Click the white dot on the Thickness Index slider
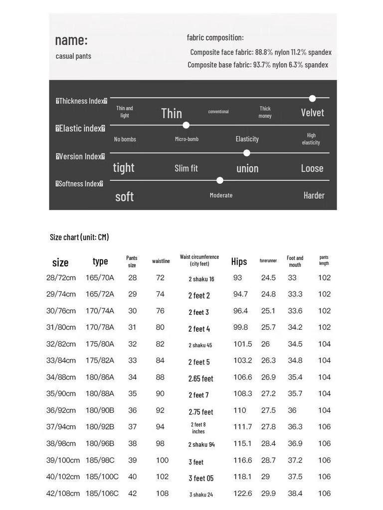312,98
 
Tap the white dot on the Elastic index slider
186,126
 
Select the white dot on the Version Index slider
246,153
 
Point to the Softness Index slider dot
220,180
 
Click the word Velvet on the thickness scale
312,113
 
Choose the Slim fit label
186,168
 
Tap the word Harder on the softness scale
314,195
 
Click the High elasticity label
311,139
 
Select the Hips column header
239,261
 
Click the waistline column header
161,261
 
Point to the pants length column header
324,260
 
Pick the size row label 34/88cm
61,377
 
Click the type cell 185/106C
102,494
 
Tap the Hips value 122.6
242,494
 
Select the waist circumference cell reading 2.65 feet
200,379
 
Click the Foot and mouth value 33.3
295,294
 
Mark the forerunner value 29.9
268,494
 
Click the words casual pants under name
73,56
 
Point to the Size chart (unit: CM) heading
79,237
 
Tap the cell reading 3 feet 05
201,478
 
